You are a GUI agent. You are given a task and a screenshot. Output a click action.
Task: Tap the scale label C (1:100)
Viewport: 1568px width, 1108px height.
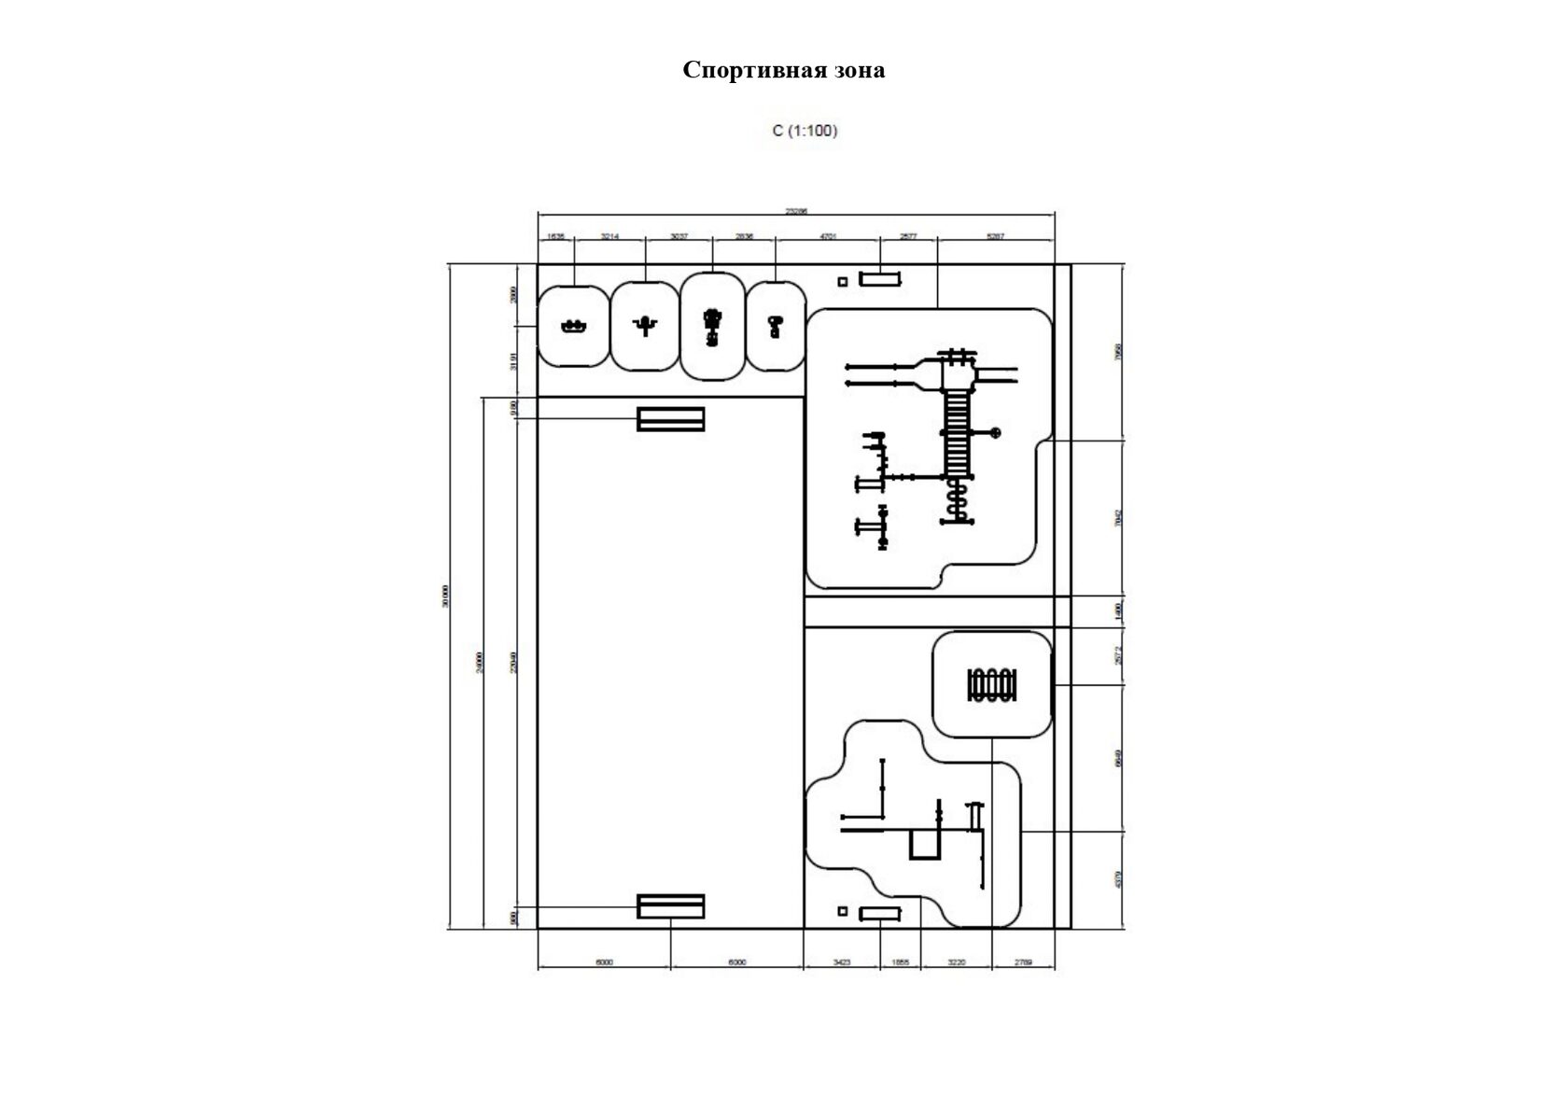805,131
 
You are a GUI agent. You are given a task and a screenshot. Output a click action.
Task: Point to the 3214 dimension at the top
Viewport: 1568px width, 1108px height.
609,237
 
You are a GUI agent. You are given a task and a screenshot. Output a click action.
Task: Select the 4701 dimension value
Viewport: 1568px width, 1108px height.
827,237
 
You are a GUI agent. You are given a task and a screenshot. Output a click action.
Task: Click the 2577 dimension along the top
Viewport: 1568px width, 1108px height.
907,237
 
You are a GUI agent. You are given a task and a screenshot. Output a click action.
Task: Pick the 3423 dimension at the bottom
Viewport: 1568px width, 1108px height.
841,961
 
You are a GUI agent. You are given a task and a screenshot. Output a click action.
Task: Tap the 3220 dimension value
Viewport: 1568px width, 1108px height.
956,961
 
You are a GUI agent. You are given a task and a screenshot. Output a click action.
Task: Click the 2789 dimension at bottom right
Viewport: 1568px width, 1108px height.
1022,961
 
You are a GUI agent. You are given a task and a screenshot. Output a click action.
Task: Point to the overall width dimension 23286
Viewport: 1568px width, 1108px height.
795,212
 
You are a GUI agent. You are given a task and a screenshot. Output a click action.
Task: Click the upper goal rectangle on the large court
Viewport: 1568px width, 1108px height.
670,419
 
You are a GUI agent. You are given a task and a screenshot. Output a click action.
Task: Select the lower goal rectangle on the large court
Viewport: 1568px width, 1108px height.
670,905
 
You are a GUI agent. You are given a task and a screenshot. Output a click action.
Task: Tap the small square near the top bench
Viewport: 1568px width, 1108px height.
842,281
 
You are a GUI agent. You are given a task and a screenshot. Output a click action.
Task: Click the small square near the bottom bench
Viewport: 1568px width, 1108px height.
842,911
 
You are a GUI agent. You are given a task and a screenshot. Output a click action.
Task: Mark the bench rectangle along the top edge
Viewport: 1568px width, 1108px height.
879,278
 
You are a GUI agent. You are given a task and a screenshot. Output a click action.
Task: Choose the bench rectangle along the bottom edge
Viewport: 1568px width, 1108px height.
879,913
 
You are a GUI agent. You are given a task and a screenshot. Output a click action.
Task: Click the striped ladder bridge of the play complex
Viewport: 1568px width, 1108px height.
958,429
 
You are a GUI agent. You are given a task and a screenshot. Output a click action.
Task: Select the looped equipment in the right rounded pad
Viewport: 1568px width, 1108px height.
991,684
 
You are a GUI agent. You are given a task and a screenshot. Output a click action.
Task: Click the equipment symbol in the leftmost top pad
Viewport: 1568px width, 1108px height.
573,326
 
